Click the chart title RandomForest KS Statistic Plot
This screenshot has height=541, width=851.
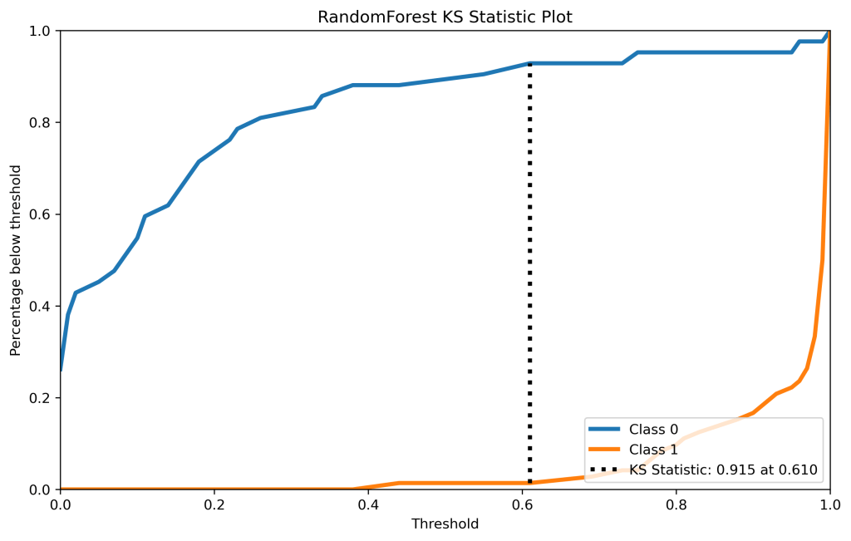coord(445,17)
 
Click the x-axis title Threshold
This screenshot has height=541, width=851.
coord(445,524)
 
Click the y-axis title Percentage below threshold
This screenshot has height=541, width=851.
coord(16,260)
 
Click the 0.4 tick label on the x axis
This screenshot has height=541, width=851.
coord(368,504)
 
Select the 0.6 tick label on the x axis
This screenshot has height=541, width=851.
coord(522,504)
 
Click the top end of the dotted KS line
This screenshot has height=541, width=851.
coord(529,65)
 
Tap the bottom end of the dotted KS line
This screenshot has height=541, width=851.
coord(529,482)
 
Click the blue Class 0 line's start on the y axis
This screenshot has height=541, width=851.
coord(61,370)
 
